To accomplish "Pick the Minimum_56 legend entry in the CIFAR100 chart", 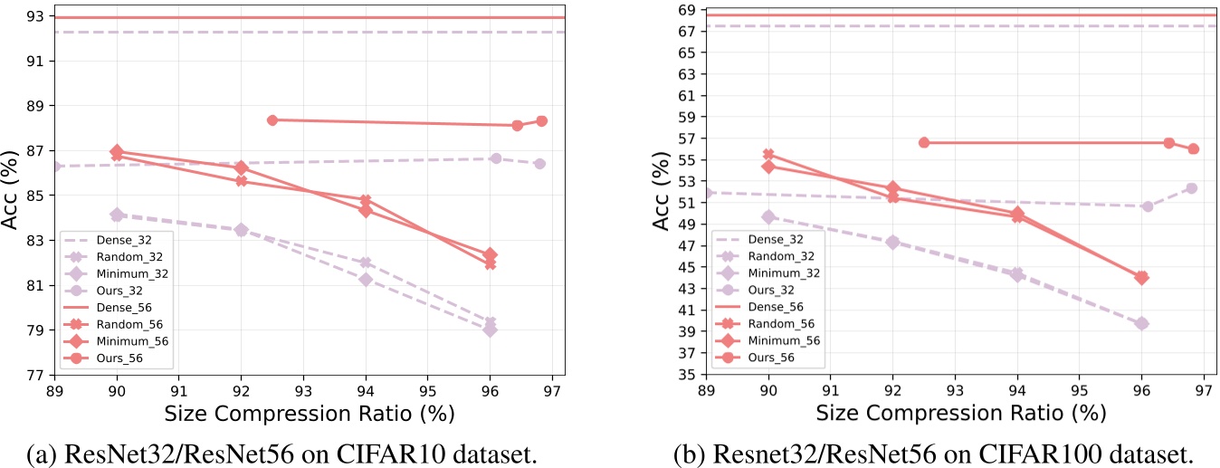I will click(x=783, y=340).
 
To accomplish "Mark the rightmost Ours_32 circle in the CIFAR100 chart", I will click(x=1192, y=188).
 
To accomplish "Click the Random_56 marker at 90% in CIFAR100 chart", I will click(x=769, y=155).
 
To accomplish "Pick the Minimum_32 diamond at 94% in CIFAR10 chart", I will click(x=366, y=279).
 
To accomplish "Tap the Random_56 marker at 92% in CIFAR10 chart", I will click(x=242, y=181).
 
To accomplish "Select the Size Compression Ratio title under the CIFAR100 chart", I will click(x=961, y=414).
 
